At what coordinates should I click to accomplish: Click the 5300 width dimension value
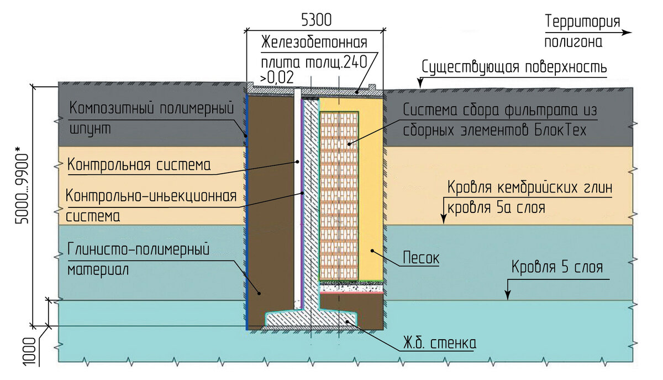coord(315,20)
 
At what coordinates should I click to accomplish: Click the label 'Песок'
coord(421,258)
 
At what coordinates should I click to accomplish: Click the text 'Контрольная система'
coord(139,165)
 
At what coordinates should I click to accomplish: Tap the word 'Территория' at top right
coord(582,22)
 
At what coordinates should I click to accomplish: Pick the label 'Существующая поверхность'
coord(514,67)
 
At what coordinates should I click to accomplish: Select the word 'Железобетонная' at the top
coord(314,43)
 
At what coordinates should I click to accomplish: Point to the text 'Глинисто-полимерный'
coord(139,249)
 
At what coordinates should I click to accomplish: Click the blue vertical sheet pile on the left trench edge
coord(247,210)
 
